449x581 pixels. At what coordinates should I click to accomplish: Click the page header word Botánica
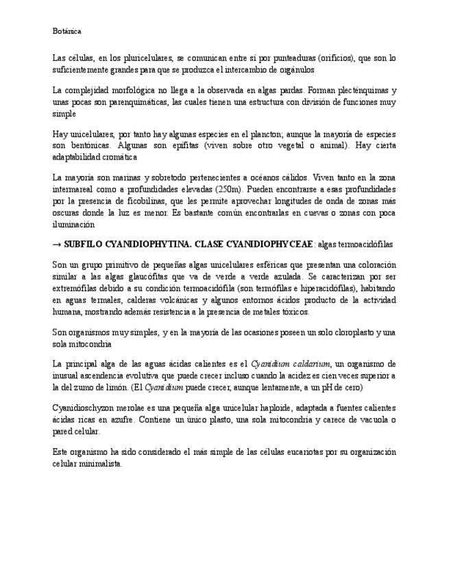coord(66,31)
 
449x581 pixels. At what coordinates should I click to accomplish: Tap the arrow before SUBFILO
coord(57,244)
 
